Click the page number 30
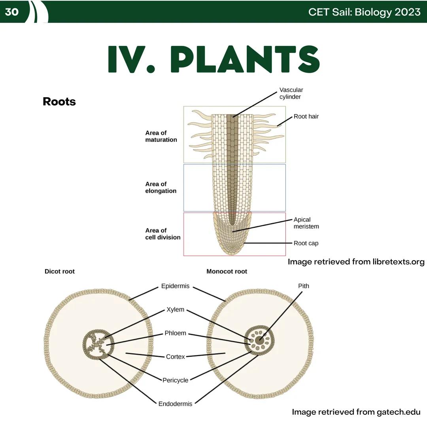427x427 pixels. pos(12,12)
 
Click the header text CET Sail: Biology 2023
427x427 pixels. pos(364,12)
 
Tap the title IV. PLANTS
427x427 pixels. pos(213,59)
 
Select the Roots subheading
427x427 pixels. pos(59,102)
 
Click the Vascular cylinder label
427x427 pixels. pos(291,93)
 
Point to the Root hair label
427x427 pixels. pos(306,117)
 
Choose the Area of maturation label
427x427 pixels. pos(161,136)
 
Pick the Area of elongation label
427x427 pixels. pos(161,187)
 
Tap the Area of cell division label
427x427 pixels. pos(162,234)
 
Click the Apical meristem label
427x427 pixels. pos(306,223)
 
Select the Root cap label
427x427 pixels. pos(306,243)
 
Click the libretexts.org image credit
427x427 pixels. pos(356,262)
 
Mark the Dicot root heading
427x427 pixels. pos(60,271)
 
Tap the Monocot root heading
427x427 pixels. pos(227,271)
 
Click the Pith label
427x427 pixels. pos(303,285)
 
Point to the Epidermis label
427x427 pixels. pos(175,286)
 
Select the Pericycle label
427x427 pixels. pos(175,380)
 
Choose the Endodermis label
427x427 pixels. pos(175,404)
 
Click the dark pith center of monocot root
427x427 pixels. pos(259,340)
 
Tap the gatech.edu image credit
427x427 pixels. pos(356,412)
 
